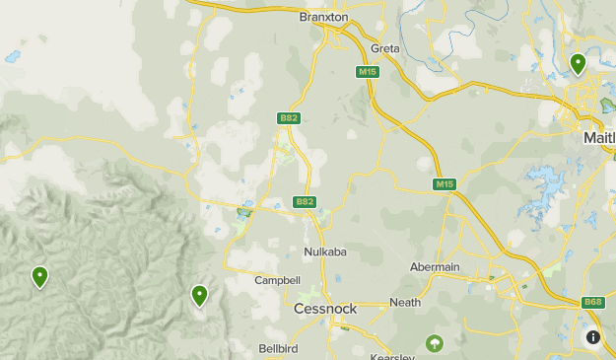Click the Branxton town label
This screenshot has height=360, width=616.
tap(323, 17)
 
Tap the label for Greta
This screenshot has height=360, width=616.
tap(385, 48)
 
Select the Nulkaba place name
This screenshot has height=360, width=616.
tap(324, 252)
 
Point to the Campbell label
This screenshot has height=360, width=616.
tap(277, 280)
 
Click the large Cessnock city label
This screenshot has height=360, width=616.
tap(325, 309)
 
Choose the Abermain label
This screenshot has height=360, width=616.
tap(435, 267)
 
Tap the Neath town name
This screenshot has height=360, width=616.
tap(405, 303)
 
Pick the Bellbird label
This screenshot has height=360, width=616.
tap(278, 348)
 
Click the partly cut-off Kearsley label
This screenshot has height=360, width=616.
tap(392, 356)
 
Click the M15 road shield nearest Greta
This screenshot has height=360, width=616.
tap(369, 72)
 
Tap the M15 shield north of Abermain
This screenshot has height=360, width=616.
tap(445, 184)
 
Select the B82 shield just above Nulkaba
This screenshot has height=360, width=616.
tap(306, 202)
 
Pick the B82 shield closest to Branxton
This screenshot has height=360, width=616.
tap(289, 118)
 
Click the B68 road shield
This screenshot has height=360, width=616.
tap(593, 302)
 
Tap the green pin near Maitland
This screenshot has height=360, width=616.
tap(578, 64)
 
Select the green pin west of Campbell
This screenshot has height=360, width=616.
tap(199, 294)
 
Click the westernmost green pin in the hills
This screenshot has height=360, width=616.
tap(39, 277)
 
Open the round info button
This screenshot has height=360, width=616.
tap(593, 337)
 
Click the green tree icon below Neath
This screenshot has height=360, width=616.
tap(434, 343)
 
